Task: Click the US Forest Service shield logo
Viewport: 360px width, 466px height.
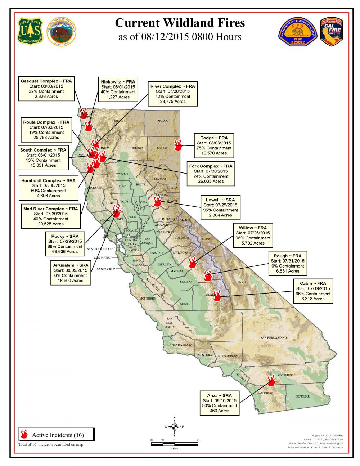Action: click(30, 31)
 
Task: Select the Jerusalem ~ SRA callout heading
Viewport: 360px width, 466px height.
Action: click(70, 265)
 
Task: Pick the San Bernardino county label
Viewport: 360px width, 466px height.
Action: click(274, 337)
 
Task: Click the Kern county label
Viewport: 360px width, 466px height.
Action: click(213, 325)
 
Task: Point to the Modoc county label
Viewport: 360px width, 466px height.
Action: click(163, 121)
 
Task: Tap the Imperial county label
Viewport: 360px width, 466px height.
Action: click(302, 396)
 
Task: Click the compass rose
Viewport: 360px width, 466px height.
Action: click(174, 427)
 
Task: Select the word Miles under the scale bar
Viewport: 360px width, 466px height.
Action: click(174, 448)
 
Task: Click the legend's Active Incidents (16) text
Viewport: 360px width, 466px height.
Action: click(58, 435)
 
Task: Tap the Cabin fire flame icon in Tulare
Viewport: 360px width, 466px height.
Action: click(217, 296)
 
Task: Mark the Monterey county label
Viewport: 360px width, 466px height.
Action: click(148, 299)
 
